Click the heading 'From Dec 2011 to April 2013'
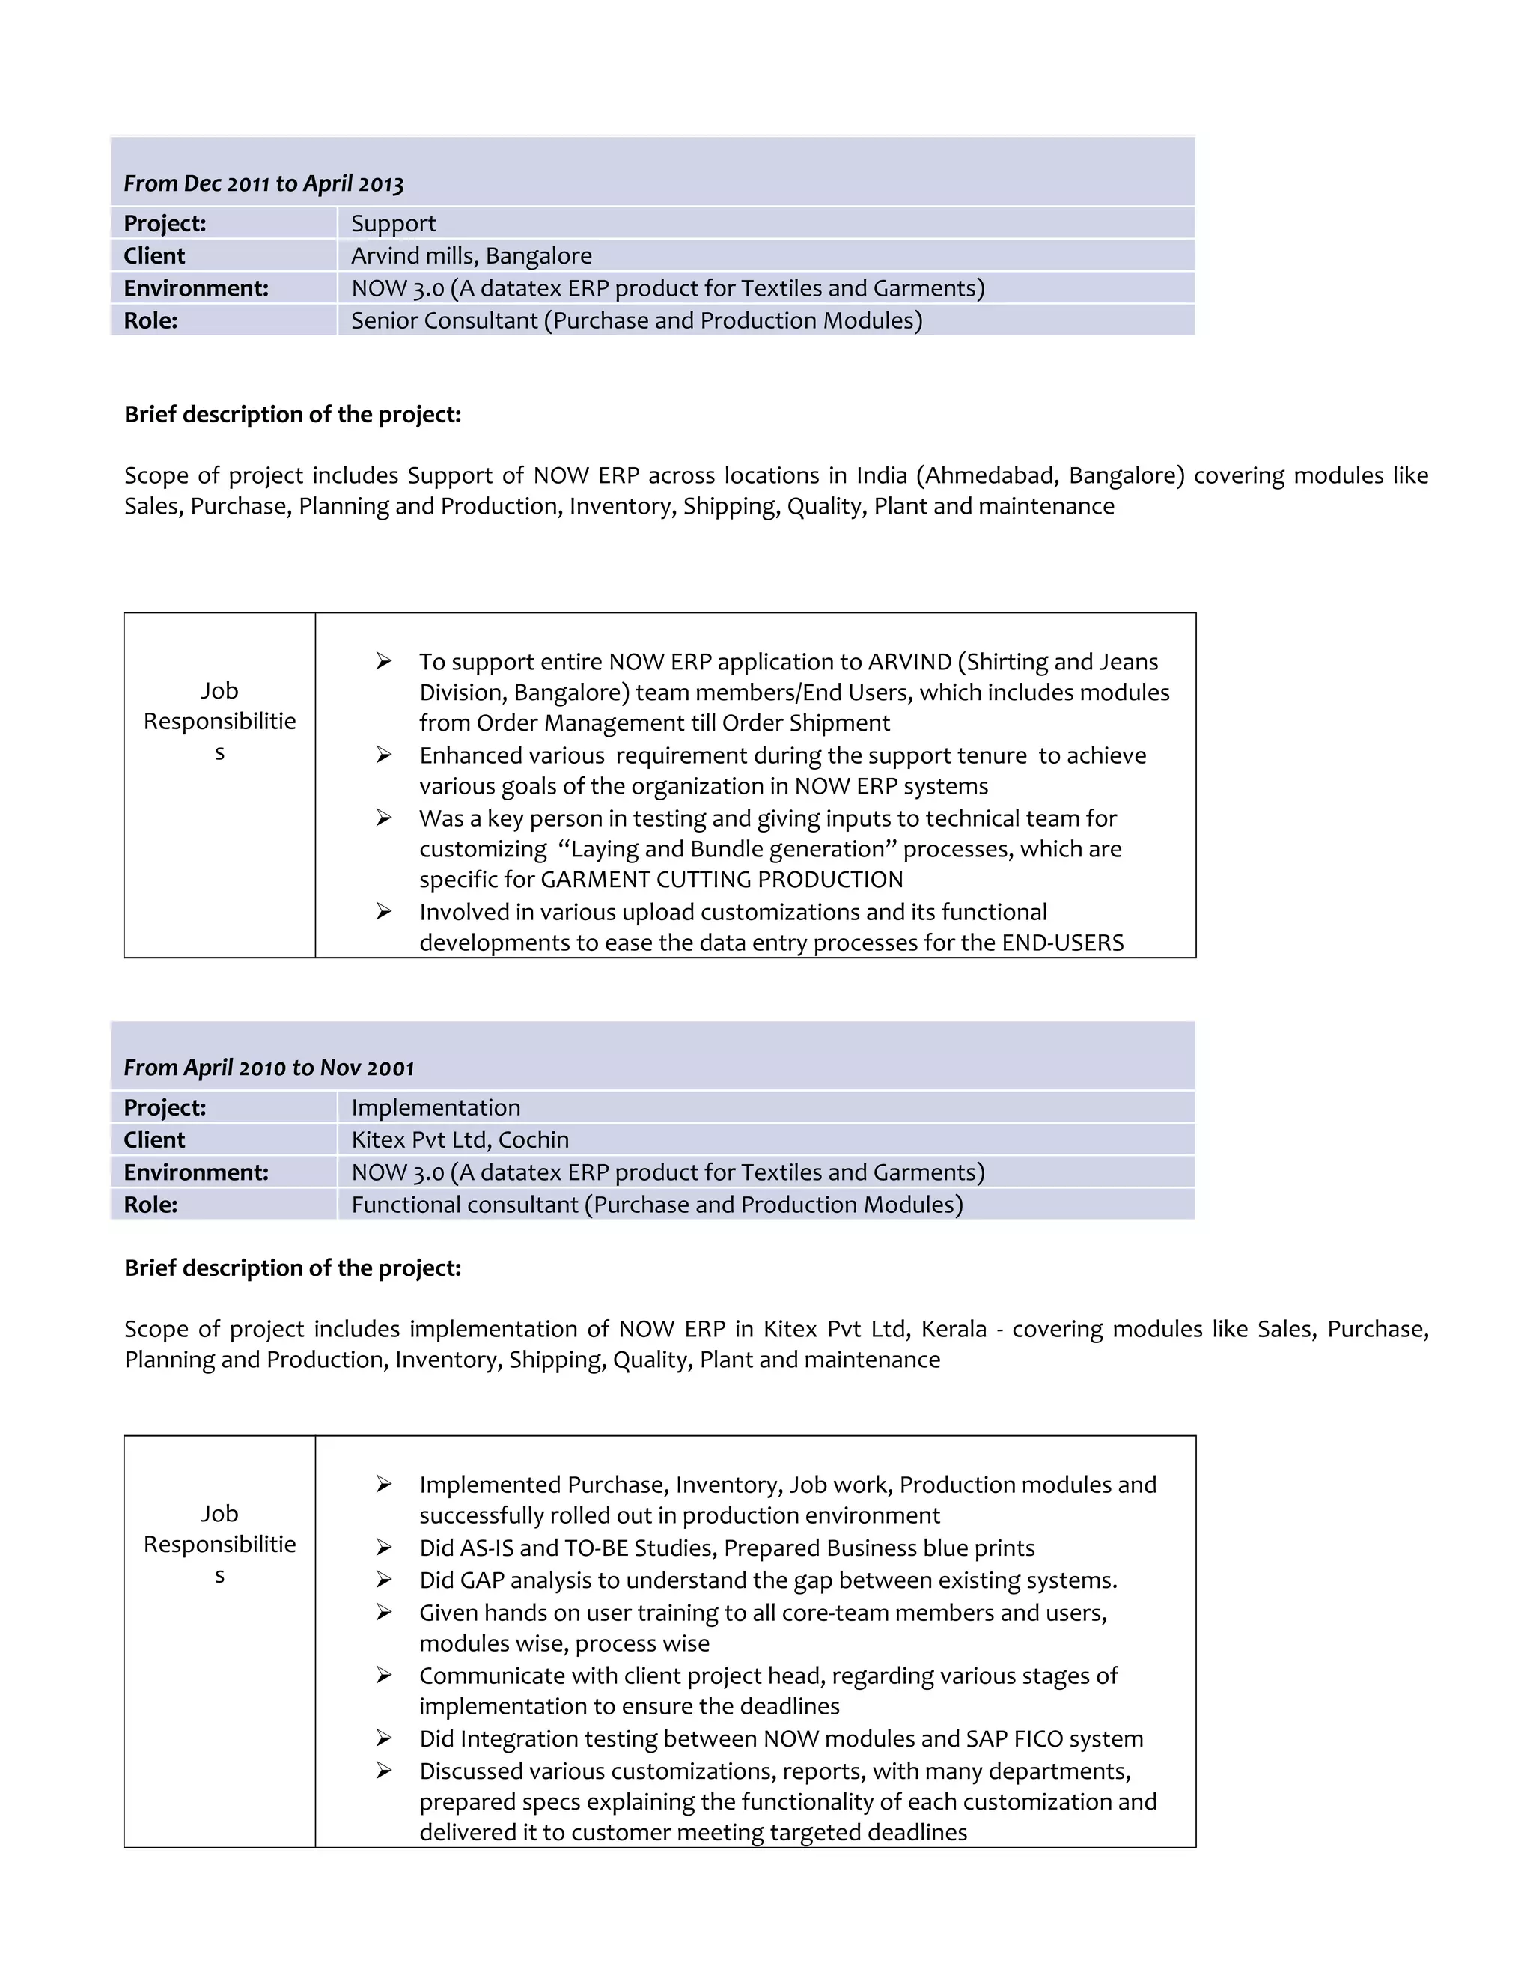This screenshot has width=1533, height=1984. [x=263, y=183]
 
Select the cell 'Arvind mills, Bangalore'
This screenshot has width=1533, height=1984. [x=472, y=256]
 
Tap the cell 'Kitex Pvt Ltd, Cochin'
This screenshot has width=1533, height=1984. [x=460, y=1140]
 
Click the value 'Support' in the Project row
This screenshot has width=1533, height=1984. [x=393, y=223]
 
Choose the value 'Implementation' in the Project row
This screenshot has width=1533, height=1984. [x=436, y=1107]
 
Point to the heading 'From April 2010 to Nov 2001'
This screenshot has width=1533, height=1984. [x=269, y=1068]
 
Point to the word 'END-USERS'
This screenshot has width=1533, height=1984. [x=1063, y=943]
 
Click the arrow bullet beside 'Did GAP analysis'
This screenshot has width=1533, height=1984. [x=384, y=1580]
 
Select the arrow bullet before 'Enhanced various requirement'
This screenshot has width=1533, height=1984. [x=384, y=755]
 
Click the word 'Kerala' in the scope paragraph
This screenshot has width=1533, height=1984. [x=954, y=1329]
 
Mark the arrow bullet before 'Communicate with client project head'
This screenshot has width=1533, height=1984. [x=384, y=1675]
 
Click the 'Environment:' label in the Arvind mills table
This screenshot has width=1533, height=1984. [x=196, y=289]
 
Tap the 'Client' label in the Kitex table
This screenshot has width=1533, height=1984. [x=154, y=1140]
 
